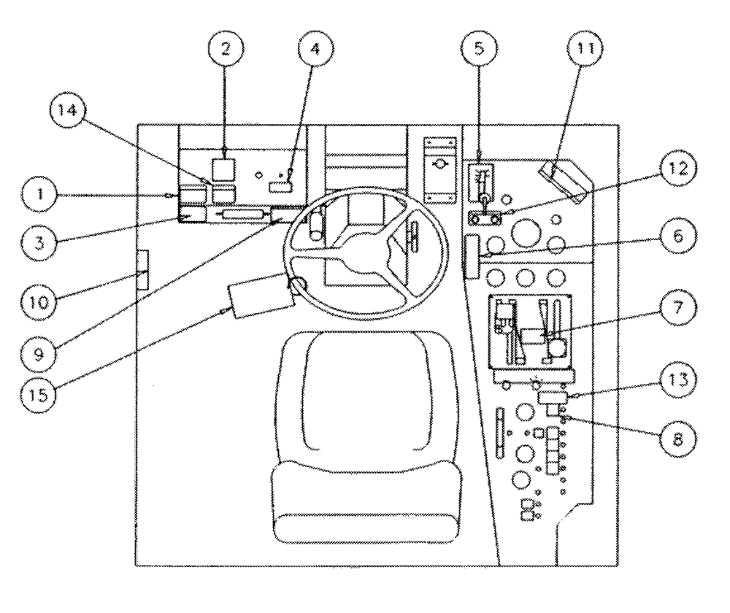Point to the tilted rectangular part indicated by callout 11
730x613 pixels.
562,181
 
